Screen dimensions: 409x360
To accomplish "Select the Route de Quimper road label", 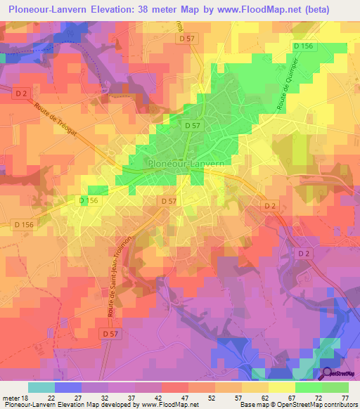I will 284,93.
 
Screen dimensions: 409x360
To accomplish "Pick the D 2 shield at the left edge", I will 20,91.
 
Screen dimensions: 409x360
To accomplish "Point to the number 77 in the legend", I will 345,398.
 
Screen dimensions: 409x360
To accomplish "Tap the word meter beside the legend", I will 12,398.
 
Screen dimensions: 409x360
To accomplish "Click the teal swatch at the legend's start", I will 41,387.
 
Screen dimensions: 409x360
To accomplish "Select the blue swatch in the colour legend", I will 67,387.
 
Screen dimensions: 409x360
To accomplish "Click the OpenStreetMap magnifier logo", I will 328,375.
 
